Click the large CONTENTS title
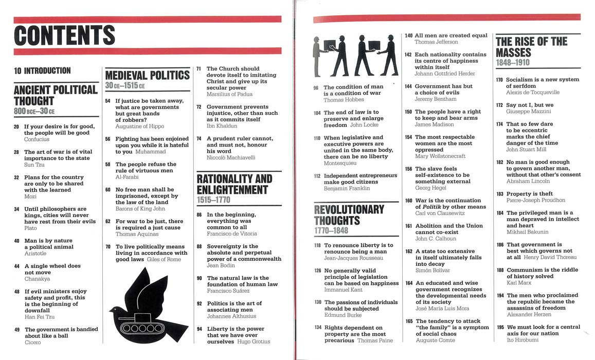click(65, 35)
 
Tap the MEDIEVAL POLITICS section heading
click(148, 76)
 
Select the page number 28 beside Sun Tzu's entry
click(16, 152)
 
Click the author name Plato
click(30, 228)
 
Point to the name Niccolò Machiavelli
click(231, 158)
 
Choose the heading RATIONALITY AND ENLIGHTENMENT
click(235, 184)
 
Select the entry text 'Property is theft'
click(530, 194)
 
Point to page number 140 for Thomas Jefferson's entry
click(408, 36)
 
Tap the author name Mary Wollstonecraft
click(440, 156)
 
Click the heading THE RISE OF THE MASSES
click(531, 47)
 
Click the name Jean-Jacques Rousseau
click(353, 258)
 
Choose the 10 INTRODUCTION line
click(42, 70)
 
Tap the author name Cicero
click(32, 342)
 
